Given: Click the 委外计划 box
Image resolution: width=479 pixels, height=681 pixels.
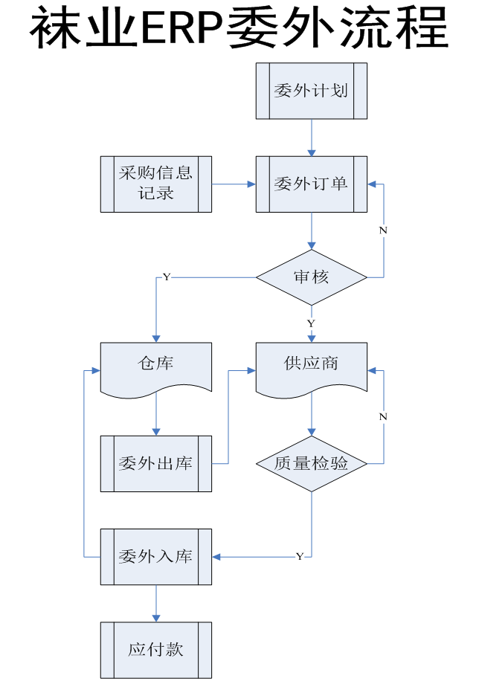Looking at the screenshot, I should tap(311, 91).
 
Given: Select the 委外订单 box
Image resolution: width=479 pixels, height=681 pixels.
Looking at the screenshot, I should tap(311, 184).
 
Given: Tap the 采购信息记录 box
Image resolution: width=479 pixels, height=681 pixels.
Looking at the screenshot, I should tap(156, 184).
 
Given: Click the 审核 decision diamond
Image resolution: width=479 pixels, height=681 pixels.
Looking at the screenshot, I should tap(311, 277).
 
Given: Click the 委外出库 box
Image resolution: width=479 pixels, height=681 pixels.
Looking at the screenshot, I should tap(156, 464).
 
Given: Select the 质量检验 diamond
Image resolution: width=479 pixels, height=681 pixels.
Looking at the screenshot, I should tap(311, 464).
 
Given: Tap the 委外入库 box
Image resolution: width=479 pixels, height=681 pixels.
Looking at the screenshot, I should tap(156, 557).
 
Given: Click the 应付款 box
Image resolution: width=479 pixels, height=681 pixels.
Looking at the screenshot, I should tap(156, 650).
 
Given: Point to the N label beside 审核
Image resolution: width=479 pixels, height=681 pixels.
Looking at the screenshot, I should tap(383, 230).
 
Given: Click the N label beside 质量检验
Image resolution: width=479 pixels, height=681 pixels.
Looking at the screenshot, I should tap(383, 417).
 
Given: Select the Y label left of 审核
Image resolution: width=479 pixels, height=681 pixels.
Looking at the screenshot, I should tap(167, 277).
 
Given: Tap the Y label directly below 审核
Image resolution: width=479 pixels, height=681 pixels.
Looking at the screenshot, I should tap(311, 324).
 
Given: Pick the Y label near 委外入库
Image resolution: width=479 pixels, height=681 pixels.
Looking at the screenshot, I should tap(300, 557).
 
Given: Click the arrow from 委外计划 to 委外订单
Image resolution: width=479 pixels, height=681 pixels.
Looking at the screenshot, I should tap(311, 138).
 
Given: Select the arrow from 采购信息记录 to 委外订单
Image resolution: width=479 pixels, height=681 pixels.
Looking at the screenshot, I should tap(234, 184).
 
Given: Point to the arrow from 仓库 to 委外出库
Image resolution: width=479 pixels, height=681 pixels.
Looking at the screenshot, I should tap(156, 413).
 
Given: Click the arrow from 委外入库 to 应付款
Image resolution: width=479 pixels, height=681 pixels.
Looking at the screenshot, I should tap(156, 603).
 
